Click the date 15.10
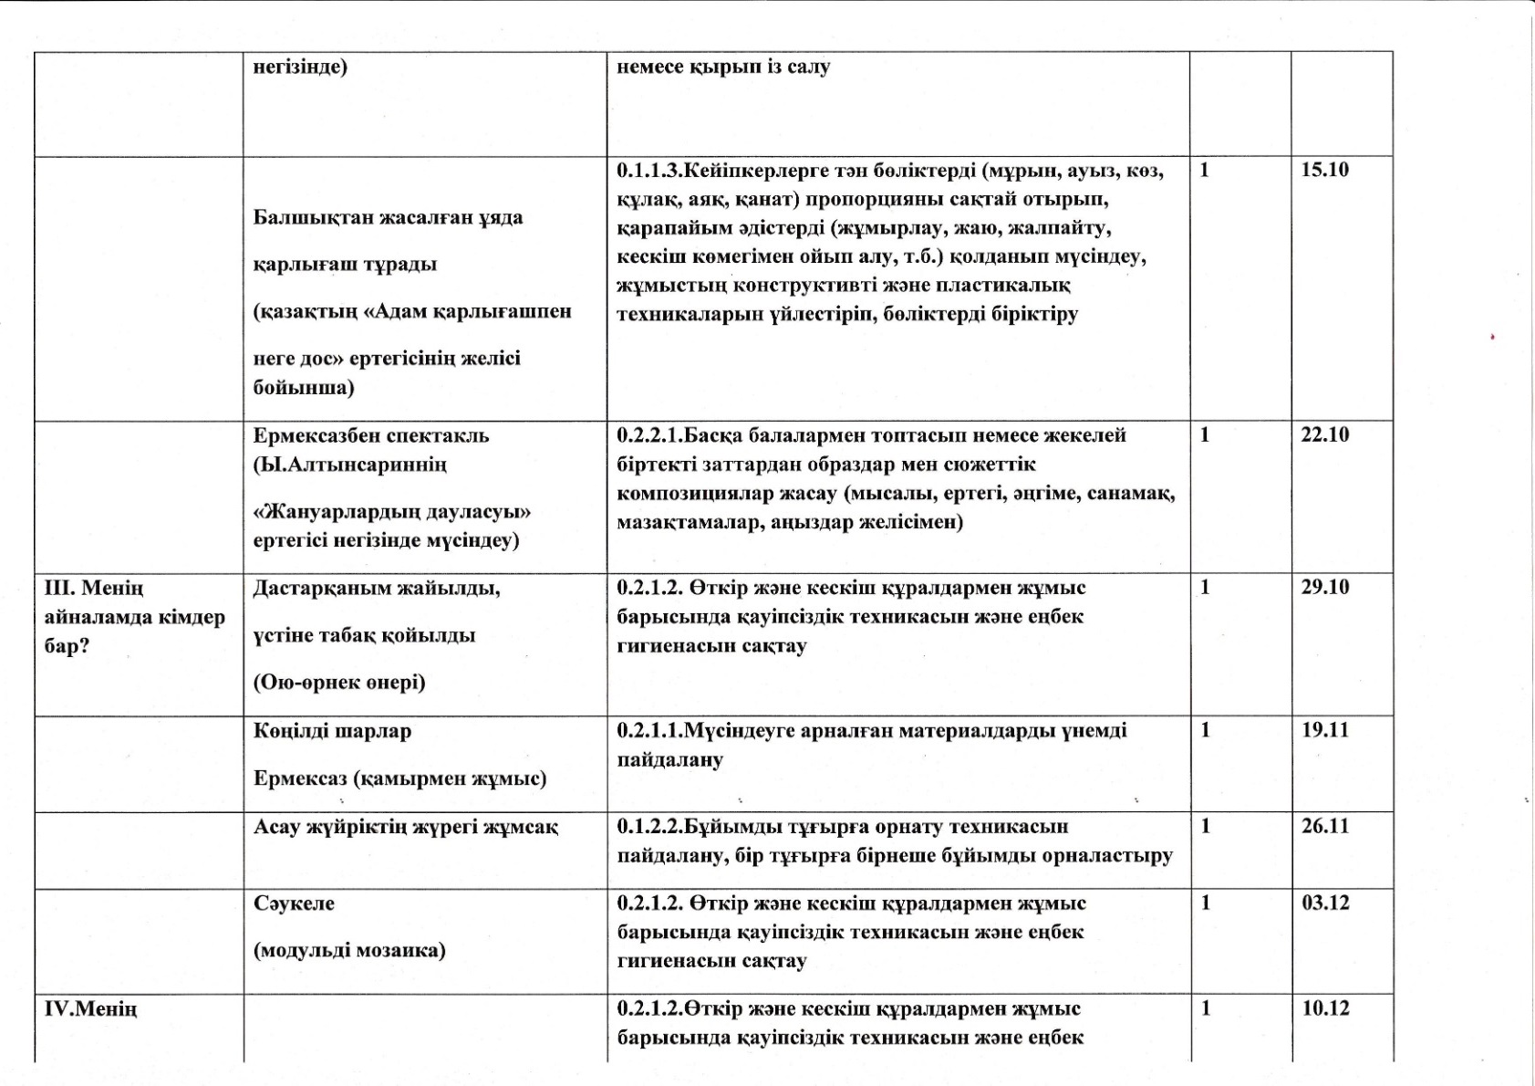pyautogui.click(x=1324, y=171)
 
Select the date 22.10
pyautogui.click(x=1324, y=435)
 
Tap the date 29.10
pyautogui.click(x=1324, y=588)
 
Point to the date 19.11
pyautogui.click(x=1324, y=730)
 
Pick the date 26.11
pyautogui.click(x=1324, y=827)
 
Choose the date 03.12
pyautogui.click(x=1324, y=903)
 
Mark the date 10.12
pyautogui.click(x=1324, y=1009)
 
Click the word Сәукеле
pyautogui.click(x=294, y=904)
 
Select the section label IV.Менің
pyautogui.click(x=90, y=1009)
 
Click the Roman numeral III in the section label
pyautogui.click(x=57, y=588)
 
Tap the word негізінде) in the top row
pyautogui.click(x=300, y=68)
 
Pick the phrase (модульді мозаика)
pyautogui.click(x=349, y=951)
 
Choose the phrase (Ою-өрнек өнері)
pyautogui.click(x=339, y=683)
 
